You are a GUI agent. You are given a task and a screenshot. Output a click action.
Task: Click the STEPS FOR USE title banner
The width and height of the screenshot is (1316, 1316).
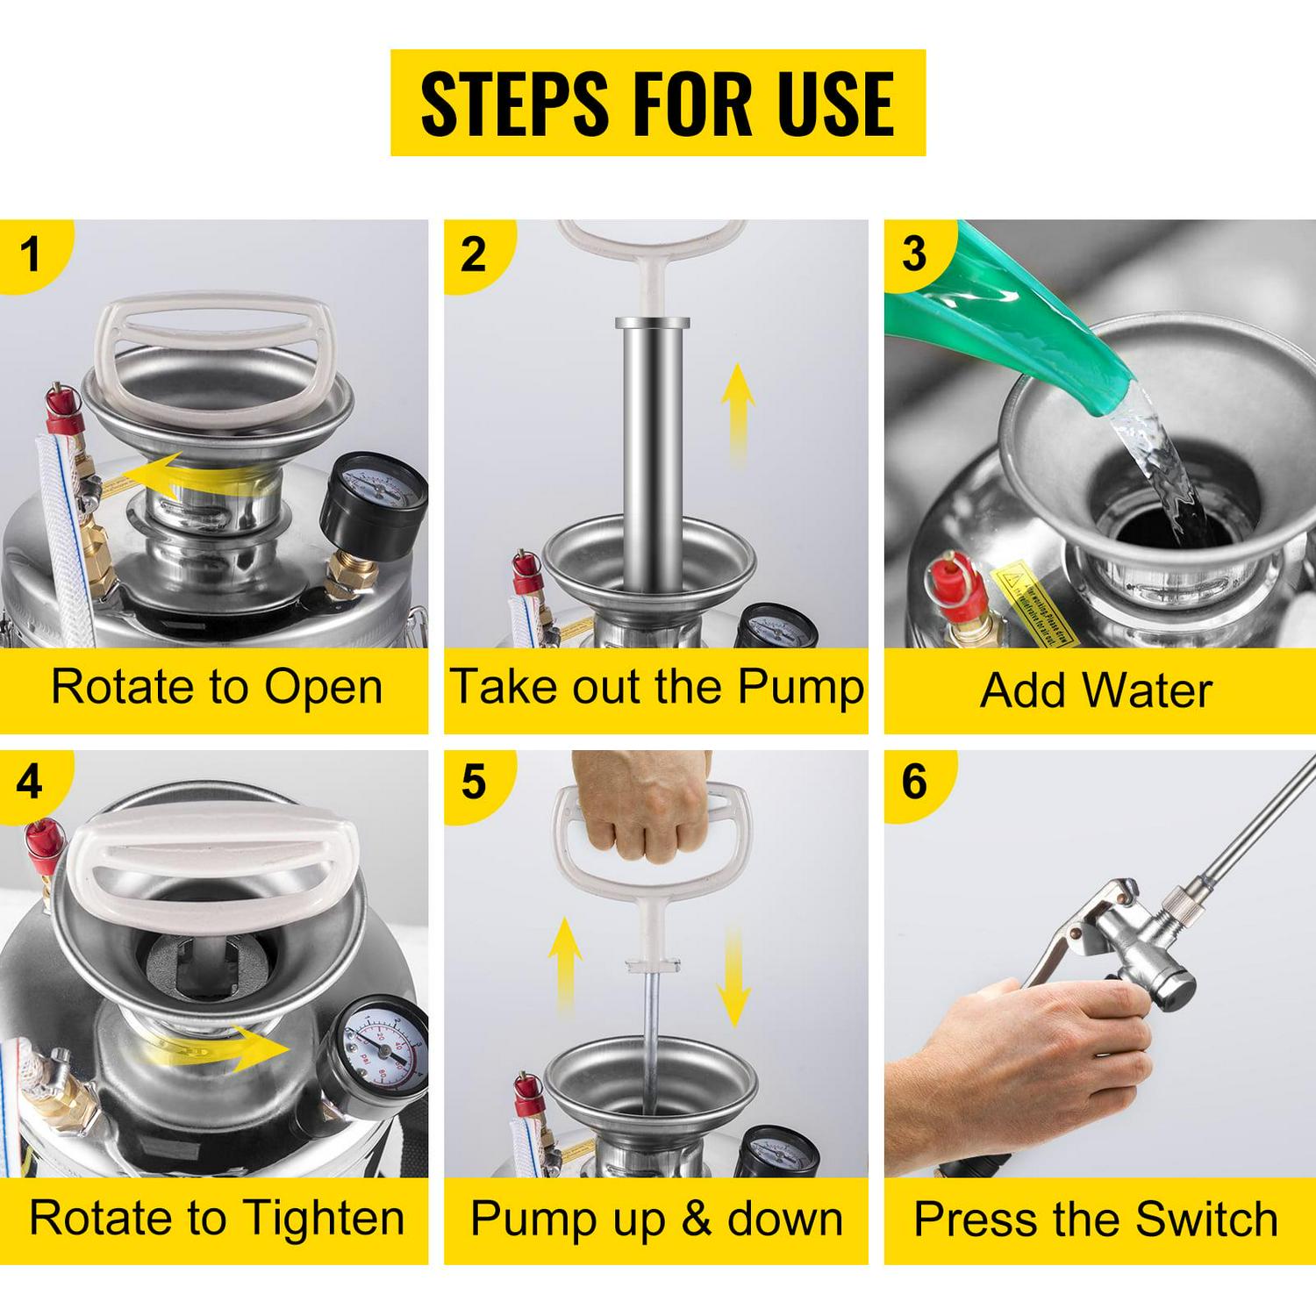pyautogui.click(x=657, y=103)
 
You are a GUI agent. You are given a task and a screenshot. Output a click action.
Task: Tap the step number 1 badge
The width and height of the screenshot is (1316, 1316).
pyautogui.click(x=31, y=255)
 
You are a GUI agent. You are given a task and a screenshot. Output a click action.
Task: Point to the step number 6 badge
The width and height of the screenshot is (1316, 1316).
pyautogui.click(x=913, y=780)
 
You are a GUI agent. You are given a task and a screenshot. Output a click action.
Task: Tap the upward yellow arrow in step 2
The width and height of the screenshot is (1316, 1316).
pyautogui.click(x=738, y=412)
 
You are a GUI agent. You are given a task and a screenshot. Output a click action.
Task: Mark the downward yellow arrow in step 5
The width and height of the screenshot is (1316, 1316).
pyautogui.click(x=733, y=978)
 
